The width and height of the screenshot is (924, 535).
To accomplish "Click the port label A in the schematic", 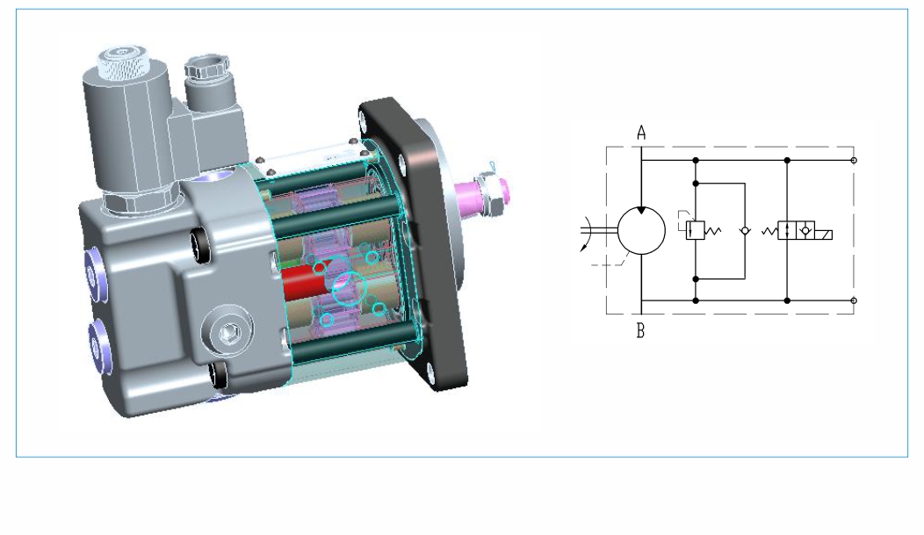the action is pos(641,134).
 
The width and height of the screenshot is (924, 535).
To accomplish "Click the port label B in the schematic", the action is pos(640,331).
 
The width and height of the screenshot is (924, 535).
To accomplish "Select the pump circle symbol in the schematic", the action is pos(641,230).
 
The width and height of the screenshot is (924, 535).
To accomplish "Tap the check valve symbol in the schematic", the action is pos(745,231).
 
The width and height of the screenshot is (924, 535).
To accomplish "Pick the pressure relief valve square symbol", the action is pos(696,230).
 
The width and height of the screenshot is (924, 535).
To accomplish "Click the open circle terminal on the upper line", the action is pos(854,160).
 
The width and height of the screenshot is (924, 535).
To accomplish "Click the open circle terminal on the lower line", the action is pos(854,300).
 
